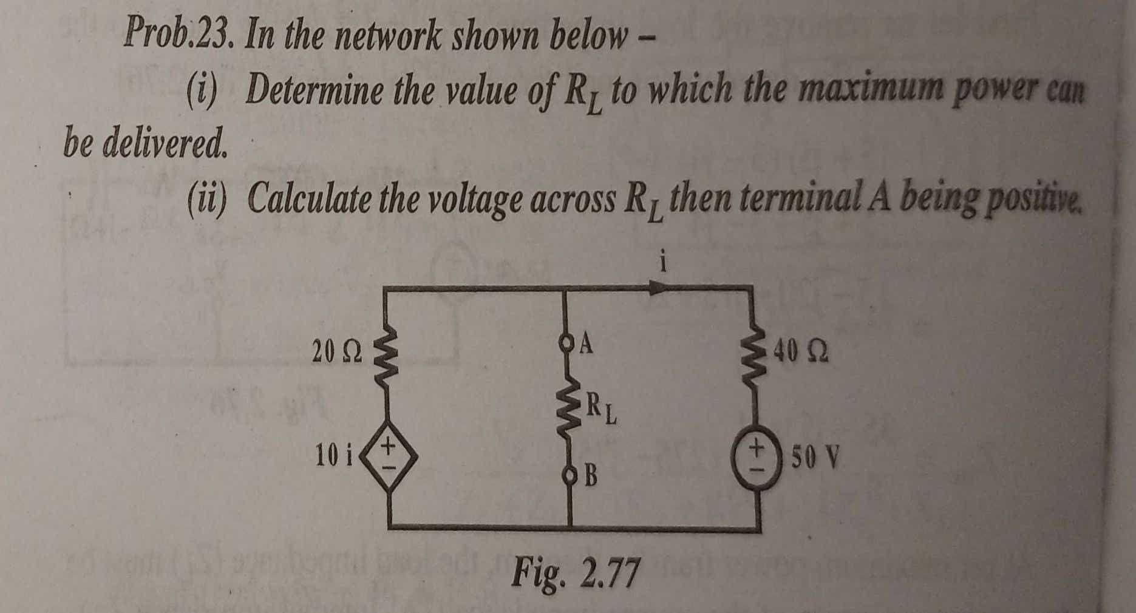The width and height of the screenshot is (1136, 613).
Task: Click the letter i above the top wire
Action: pos(665,262)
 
